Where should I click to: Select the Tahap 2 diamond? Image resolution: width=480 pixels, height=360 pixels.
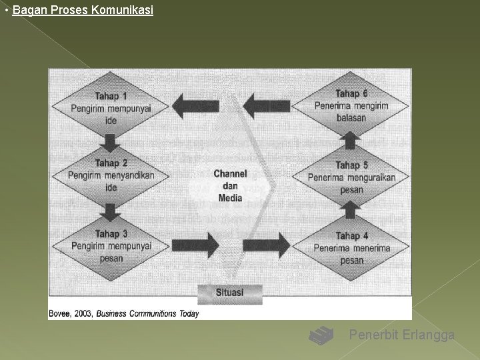click(x=111, y=175)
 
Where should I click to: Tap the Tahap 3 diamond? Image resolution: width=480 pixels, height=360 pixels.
click(x=111, y=246)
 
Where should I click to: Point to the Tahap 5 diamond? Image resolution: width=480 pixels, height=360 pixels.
click(x=351, y=177)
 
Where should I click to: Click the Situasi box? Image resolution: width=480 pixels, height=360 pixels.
click(x=230, y=293)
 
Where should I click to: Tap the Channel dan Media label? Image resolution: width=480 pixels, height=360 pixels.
click(x=231, y=185)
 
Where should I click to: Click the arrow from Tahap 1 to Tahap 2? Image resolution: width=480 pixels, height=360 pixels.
click(x=111, y=141)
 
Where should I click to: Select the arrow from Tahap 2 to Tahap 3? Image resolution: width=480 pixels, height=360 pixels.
click(x=111, y=211)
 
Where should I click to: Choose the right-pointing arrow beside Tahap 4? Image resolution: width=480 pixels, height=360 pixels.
click(x=267, y=245)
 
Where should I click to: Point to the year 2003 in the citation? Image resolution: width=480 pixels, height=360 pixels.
click(x=83, y=313)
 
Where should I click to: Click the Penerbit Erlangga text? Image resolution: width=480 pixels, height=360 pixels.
click(x=402, y=335)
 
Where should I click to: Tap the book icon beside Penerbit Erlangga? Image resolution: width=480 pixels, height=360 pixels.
click(x=321, y=335)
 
